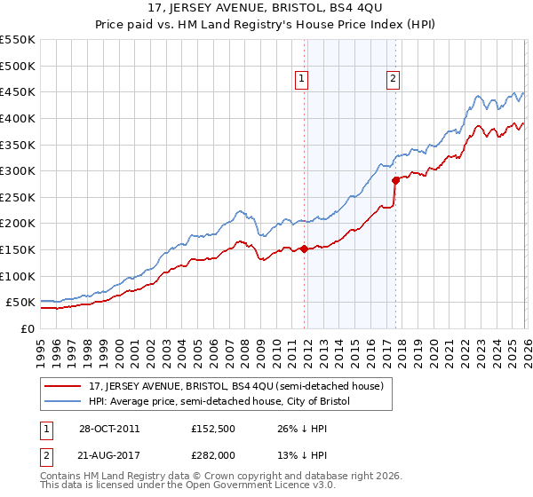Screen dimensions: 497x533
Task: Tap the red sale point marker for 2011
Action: pos(304,248)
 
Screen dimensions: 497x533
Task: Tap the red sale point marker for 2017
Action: pos(395,180)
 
